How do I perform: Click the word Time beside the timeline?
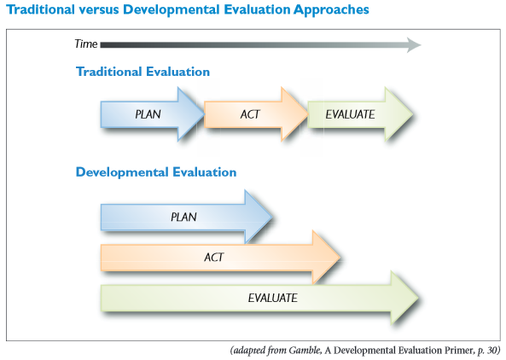[86, 44]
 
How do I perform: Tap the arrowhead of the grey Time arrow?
[414, 45]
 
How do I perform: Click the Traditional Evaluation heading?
[142, 72]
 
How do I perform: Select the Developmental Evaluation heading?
[156, 172]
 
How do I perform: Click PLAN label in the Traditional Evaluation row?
[148, 114]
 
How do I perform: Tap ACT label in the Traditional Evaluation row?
[250, 114]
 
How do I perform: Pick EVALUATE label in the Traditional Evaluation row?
[350, 114]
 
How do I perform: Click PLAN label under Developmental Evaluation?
[183, 217]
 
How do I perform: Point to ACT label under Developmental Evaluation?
[214, 257]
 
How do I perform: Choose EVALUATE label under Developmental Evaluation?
[273, 298]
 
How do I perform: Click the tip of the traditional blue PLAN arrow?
[205, 113]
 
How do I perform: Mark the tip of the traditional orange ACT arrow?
[308, 113]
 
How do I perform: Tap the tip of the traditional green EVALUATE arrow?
[413, 113]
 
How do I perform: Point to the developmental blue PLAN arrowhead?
[259, 217]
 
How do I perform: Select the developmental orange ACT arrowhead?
[326, 257]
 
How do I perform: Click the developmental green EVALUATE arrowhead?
[404, 298]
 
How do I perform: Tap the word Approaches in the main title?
[331, 10]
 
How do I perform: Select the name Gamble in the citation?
[305, 351]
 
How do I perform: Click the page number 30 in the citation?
[491, 351]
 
